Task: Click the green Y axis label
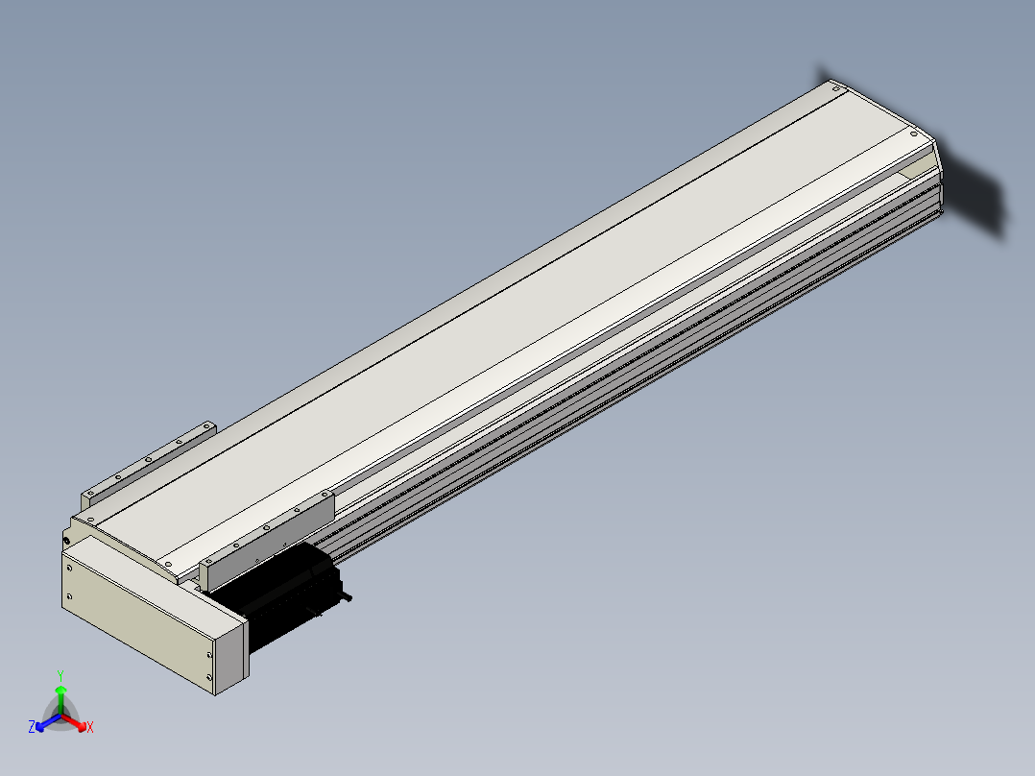coord(60,675)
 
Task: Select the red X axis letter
coord(90,727)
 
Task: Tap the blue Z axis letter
coord(32,727)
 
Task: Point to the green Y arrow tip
coord(60,688)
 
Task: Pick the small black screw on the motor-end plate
coord(66,542)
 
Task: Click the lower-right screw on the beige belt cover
coord(210,677)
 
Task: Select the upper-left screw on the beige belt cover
coord(69,568)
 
